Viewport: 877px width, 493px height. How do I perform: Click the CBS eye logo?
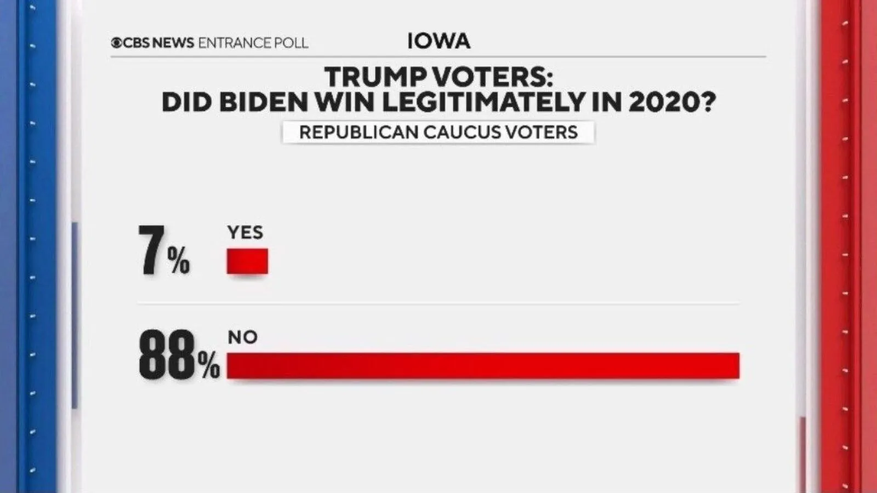pyautogui.click(x=116, y=43)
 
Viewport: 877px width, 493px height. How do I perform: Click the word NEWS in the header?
pyautogui.click(x=173, y=43)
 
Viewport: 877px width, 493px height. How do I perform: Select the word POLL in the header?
pyautogui.click(x=291, y=43)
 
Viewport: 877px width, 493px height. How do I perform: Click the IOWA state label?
pyautogui.click(x=438, y=41)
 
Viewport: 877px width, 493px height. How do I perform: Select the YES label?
pyautogui.click(x=245, y=232)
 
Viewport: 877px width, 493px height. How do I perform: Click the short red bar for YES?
pyautogui.click(x=247, y=261)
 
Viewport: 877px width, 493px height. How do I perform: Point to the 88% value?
pyautogui.click(x=179, y=357)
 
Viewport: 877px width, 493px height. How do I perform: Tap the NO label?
pyautogui.click(x=242, y=337)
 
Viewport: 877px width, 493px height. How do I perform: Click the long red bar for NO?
pyautogui.click(x=483, y=366)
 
